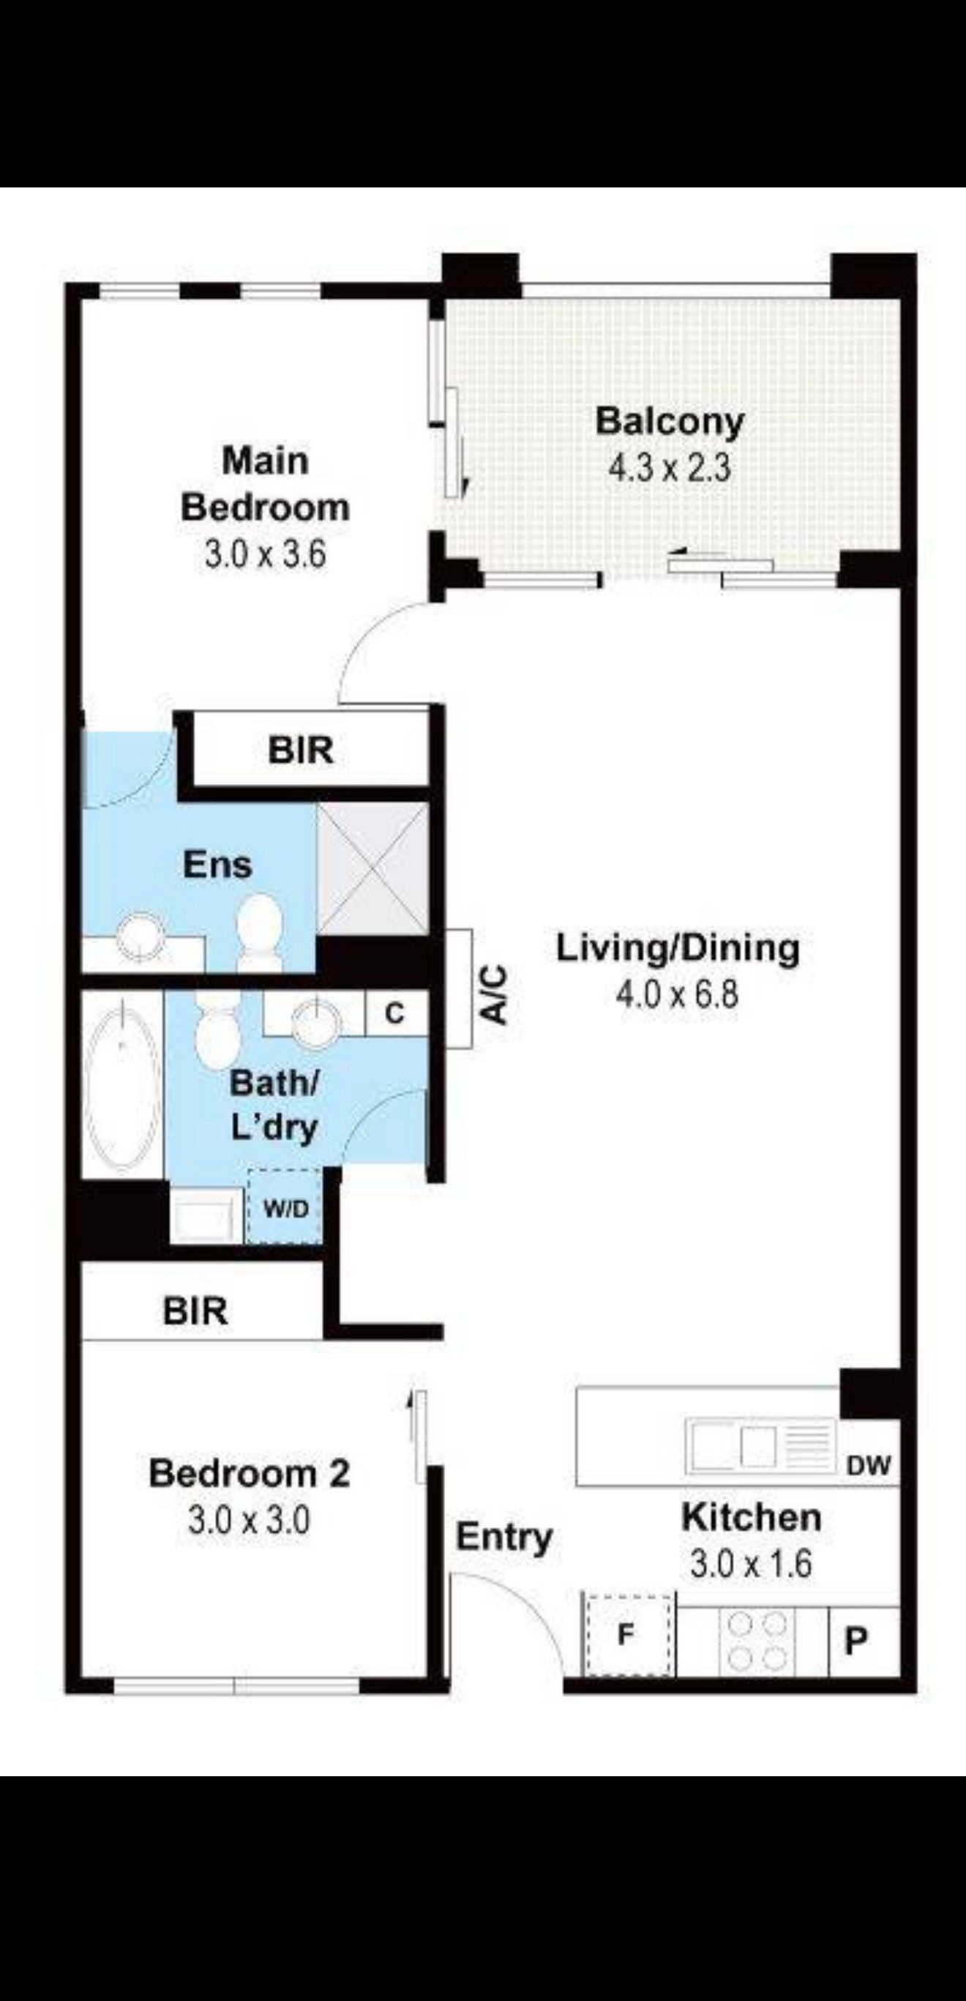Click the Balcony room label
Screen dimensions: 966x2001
pos(670,421)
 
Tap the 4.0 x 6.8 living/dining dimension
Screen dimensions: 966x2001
pos(677,994)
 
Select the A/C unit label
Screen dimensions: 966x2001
pos(495,994)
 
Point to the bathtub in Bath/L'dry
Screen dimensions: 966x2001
pos(122,1084)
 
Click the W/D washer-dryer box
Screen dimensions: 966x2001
pos(285,1208)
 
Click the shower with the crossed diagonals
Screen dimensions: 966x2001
pos(372,868)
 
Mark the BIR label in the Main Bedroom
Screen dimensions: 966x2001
pos(301,750)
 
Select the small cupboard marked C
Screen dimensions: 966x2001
pos(395,1013)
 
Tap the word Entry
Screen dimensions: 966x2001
pos(504,1538)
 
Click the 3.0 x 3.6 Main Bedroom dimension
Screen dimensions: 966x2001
pos(266,555)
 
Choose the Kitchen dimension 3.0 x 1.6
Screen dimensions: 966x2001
pos(751,1564)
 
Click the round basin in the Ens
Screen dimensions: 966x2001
pos(140,935)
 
